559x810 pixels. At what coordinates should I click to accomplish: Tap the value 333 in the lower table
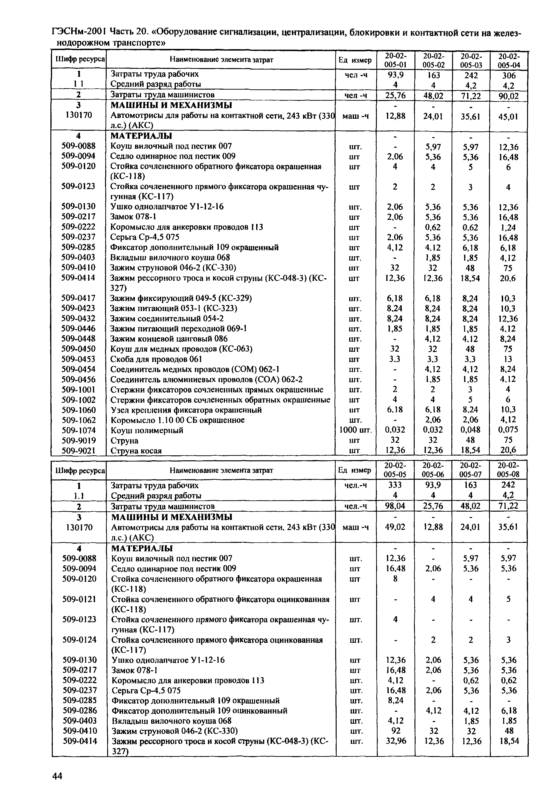point(395,485)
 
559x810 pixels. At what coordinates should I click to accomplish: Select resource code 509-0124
point(79,640)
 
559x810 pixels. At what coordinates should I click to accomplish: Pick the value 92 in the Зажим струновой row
point(395,731)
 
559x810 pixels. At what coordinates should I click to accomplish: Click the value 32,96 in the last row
point(395,741)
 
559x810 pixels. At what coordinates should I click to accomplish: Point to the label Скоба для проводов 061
point(156,359)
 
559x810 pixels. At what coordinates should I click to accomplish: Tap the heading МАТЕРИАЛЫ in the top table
point(141,136)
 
